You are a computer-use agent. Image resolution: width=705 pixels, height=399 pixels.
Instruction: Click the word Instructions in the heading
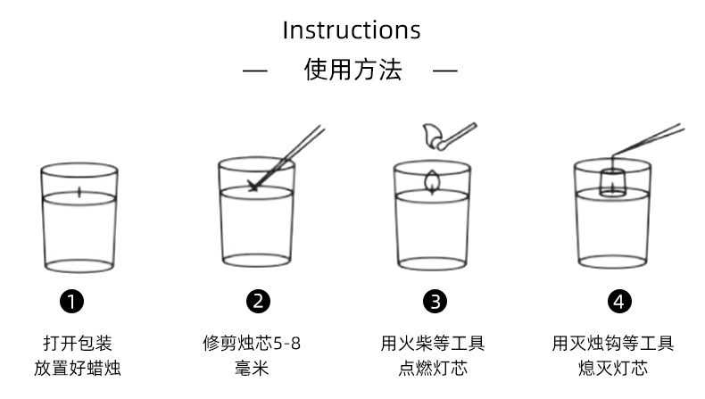[352, 29]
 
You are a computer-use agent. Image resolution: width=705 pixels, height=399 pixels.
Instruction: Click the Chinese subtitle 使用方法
[352, 70]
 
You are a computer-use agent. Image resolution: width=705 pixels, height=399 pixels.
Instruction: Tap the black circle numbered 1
[77, 302]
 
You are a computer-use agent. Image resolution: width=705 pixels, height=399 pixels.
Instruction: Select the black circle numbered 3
[434, 302]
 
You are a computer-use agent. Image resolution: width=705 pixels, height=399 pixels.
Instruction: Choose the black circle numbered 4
[618, 302]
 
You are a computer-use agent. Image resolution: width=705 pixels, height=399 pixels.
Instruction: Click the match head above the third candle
[432, 135]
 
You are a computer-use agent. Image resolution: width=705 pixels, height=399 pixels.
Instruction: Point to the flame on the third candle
[433, 179]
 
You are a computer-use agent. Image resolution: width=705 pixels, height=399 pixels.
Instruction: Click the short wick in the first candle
[79, 190]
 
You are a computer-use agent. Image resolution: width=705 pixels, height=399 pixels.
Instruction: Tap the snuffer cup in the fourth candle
[612, 181]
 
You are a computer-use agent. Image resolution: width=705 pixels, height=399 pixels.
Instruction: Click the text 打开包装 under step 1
[78, 343]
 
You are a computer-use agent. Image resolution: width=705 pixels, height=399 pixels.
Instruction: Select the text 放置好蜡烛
[78, 368]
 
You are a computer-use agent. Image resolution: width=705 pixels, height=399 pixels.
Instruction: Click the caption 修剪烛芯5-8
[254, 343]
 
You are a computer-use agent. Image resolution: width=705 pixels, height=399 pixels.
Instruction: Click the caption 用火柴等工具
[433, 343]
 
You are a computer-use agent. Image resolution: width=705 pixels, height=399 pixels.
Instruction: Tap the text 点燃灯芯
[433, 368]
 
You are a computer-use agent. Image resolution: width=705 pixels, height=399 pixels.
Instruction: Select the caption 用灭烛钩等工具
[613, 343]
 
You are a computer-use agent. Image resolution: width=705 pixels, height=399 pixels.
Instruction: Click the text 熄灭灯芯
[613, 368]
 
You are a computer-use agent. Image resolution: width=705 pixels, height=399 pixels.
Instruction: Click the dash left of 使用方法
[255, 71]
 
